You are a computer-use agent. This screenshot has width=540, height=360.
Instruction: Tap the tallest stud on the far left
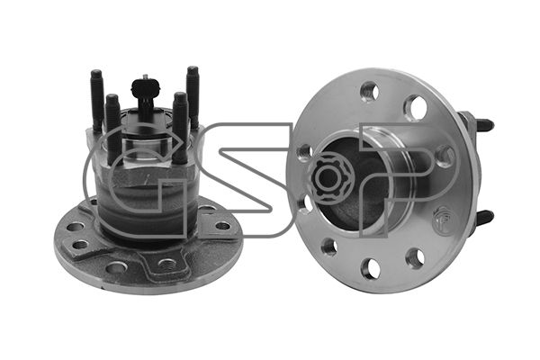97,100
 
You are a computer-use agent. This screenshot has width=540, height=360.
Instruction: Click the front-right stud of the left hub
181,128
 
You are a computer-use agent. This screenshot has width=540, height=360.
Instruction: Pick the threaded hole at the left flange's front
168,265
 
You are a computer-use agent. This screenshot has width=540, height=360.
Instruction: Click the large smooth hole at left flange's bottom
117,267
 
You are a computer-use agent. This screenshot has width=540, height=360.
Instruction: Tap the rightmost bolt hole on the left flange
222,226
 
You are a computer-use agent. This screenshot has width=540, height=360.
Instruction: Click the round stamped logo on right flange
442,218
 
